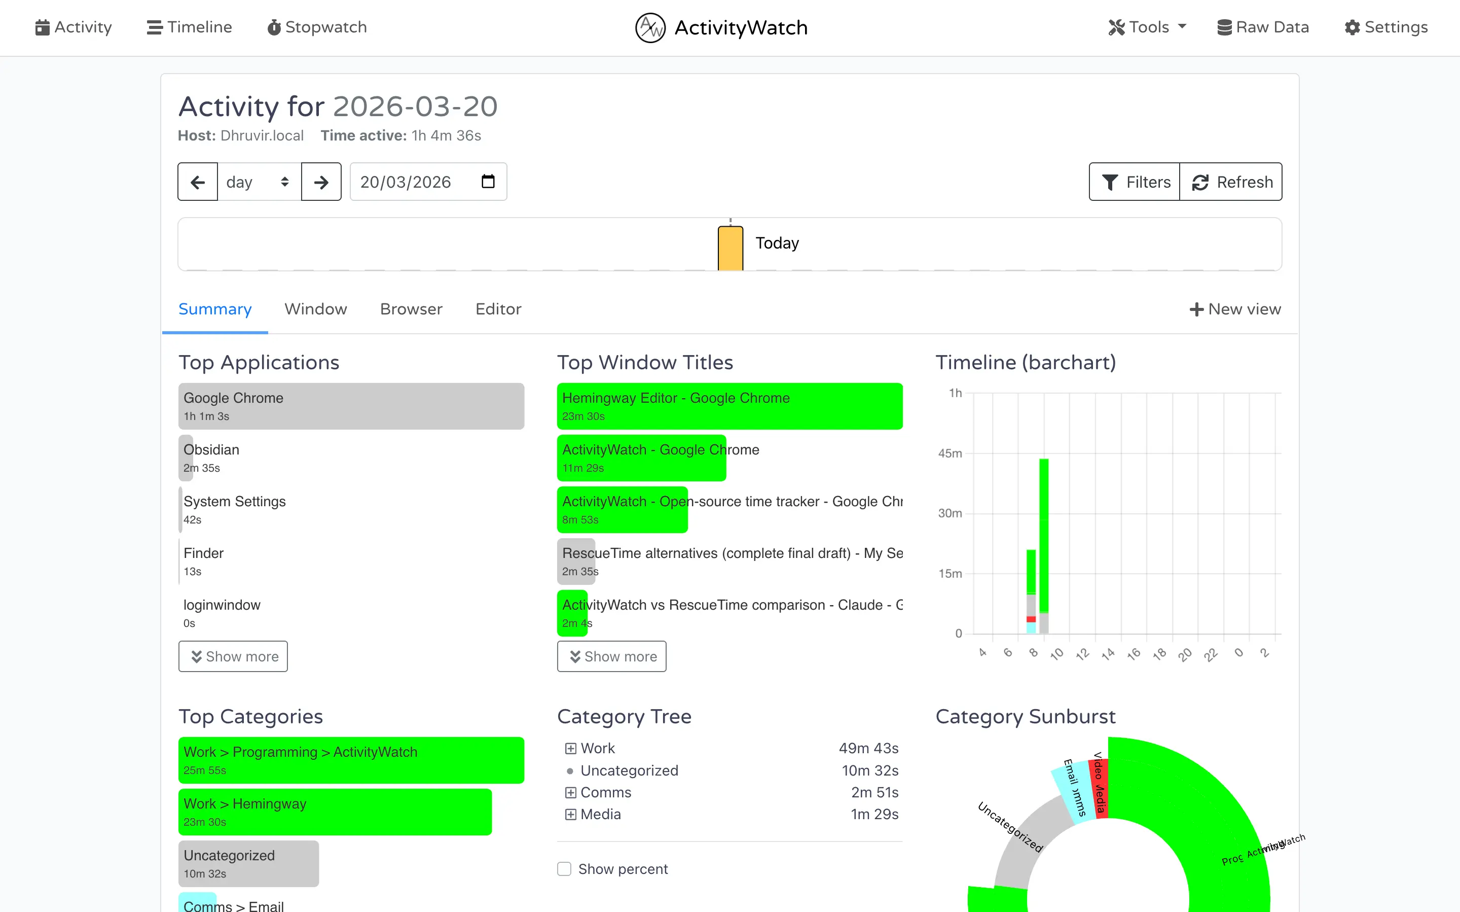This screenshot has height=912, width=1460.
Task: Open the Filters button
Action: (x=1135, y=182)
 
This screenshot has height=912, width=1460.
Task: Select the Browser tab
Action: (x=411, y=309)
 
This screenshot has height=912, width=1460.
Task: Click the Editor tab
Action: (x=498, y=309)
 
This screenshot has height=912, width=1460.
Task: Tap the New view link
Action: (x=1234, y=309)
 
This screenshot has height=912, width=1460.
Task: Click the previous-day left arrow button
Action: (x=198, y=182)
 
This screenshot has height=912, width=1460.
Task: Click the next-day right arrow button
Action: (x=321, y=182)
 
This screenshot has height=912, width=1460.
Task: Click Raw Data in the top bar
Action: (x=1263, y=27)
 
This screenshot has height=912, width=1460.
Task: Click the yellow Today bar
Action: (x=730, y=248)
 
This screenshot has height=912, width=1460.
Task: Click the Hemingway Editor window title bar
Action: (x=729, y=406)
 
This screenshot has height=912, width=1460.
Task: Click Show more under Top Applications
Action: (x=233, y=656)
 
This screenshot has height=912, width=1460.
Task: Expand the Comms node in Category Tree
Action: (x=570, y=793)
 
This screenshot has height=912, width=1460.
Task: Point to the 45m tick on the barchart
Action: (x=950, y=453)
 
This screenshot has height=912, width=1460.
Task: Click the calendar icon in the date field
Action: (x=488, y=182)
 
